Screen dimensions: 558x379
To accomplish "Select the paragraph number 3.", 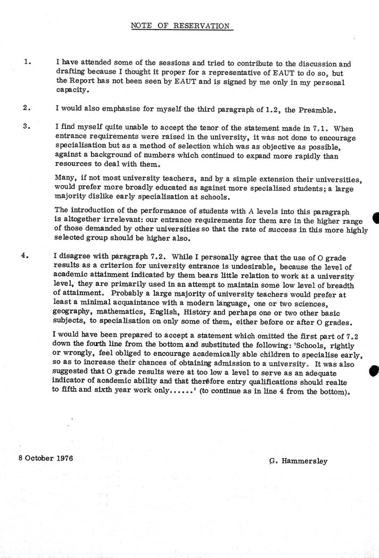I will pos(27,127).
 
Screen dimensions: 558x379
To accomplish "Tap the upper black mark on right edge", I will pos(375,218).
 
